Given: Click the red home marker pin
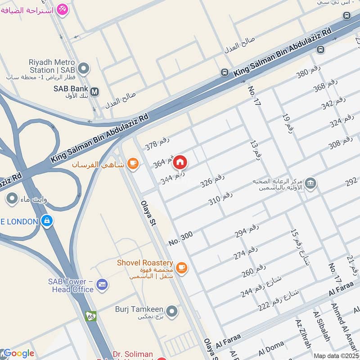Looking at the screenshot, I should (180, 162).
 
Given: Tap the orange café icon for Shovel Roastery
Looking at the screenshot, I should (181, 268).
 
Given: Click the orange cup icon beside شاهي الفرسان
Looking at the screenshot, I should (132, 164).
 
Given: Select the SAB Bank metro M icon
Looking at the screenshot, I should (95, 92).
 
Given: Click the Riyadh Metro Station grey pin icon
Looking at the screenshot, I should (83, 69).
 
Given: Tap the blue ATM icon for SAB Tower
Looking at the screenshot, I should (102, 284).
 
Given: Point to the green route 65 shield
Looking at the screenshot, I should (91, 316).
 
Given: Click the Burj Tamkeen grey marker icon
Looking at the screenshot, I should (171, 311).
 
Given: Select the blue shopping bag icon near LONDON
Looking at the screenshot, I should (46, 221).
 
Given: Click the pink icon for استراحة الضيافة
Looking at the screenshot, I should (62, 9).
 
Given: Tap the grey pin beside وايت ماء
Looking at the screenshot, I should (9, 198).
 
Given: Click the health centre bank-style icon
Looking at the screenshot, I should (310, 183).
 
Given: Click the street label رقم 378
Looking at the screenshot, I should (157, 143).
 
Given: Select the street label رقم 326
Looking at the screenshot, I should (212, 180).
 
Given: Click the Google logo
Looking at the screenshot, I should (18, 353).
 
